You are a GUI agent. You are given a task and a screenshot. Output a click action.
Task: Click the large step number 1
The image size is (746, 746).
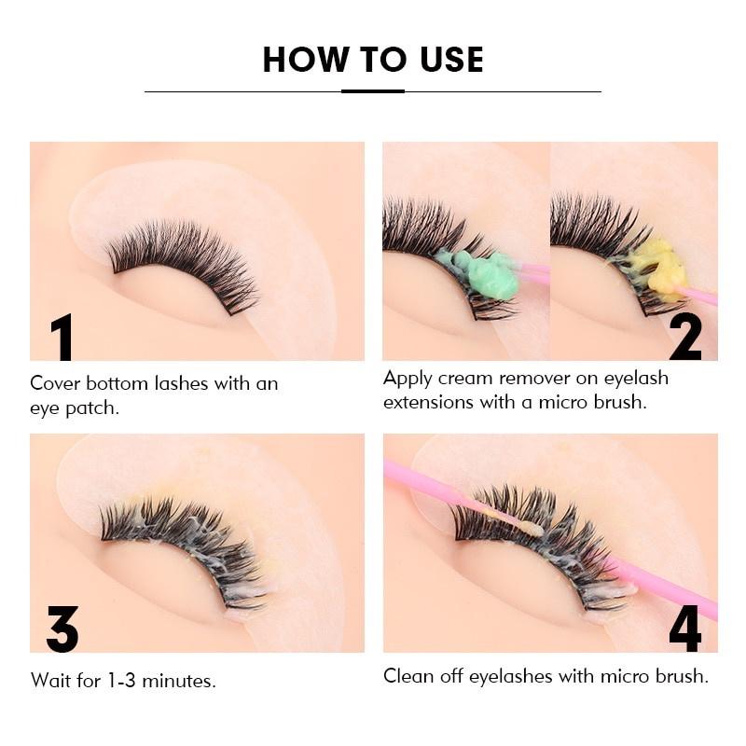(x=62, y=338)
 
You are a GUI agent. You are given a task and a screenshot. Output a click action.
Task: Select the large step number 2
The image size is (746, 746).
(x=685, y=338)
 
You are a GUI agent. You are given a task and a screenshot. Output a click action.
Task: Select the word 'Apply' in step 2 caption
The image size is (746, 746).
(x=408, y=379)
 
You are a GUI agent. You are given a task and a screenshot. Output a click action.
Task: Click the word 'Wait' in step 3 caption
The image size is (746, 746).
(x=51, y=681)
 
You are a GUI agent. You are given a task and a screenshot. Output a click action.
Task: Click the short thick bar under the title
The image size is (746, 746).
(x=373, y=91)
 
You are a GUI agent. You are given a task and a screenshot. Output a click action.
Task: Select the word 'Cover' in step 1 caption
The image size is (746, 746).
(x=55, y=383)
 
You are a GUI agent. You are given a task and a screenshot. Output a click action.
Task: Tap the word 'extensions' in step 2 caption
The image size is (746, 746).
(x=430, y=404)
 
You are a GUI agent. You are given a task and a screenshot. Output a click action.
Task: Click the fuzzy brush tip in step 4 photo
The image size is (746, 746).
(x=532, y=528)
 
